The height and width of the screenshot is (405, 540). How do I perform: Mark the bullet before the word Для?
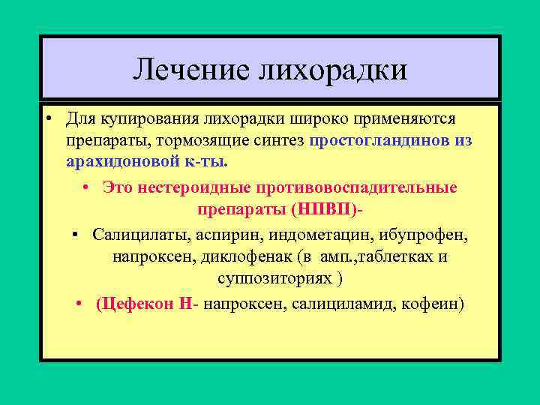[46, 120]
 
